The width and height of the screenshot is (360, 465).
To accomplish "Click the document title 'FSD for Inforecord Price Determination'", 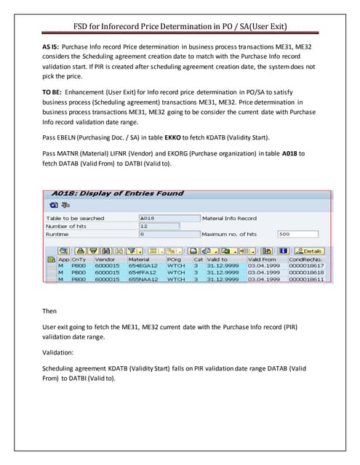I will click(x=180, y=27).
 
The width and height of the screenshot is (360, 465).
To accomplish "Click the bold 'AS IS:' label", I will click(x=52, y=46).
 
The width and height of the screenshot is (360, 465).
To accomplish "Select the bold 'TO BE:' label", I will click(x=54, y=94).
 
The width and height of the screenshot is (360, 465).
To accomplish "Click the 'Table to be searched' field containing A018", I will click(x=169, y=218).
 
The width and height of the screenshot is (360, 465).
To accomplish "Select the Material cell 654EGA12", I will click(x=145, y=266).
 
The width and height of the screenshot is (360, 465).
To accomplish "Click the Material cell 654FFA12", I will click(x=145, y=272).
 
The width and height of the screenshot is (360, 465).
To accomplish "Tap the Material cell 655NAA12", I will click(x=145, y=279).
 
